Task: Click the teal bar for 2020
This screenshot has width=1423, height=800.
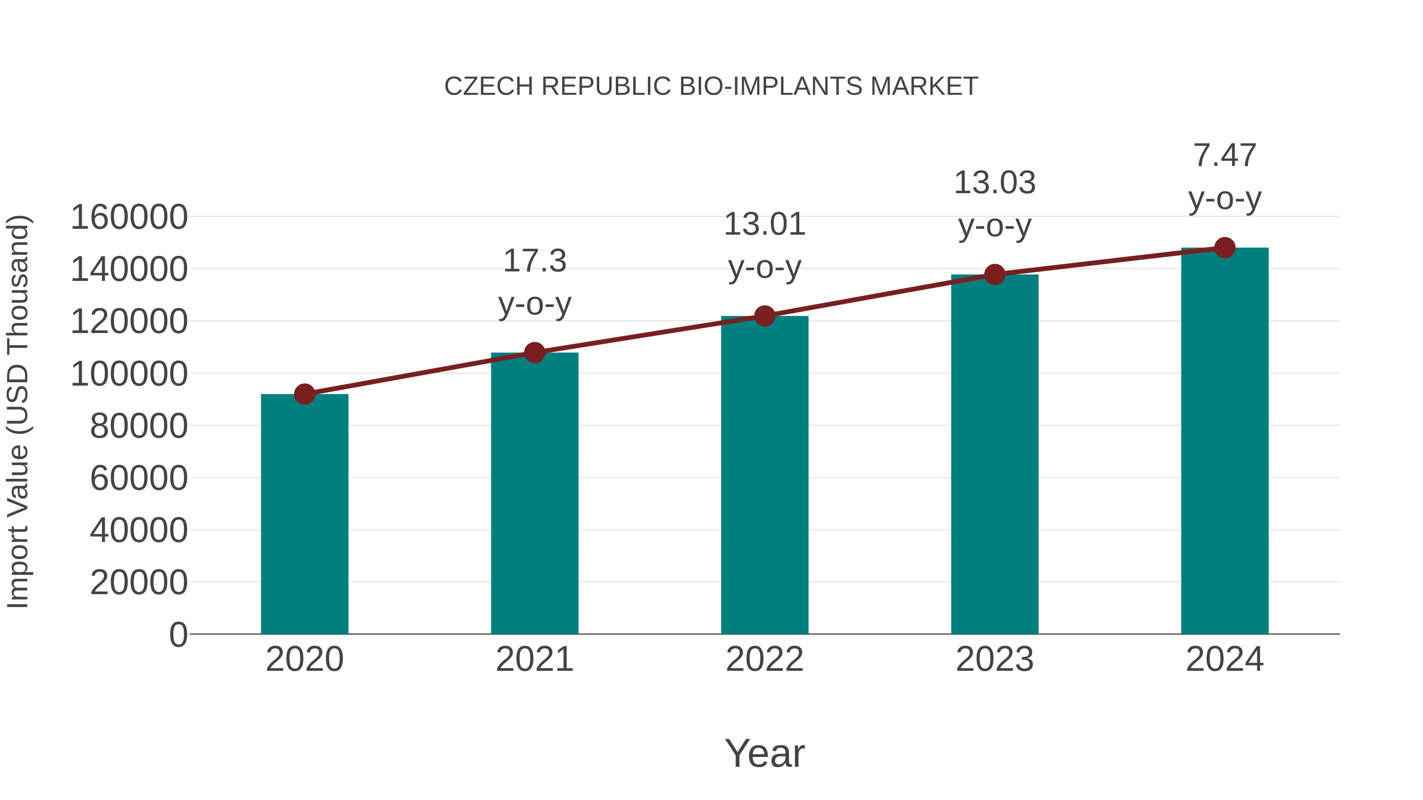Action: click(304, 514)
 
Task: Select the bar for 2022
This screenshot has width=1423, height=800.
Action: click(764, 475)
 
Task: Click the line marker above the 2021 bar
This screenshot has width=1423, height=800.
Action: click(534, 352)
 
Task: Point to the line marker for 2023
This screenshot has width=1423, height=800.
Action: click(995, 275)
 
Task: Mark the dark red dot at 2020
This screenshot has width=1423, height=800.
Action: click(304, 394)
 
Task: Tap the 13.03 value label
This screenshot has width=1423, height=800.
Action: click(995, 183)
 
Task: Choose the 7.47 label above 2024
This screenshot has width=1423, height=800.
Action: click(1225, 155)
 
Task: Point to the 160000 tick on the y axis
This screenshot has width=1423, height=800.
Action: click(129, 217)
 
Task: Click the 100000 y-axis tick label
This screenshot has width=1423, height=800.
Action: click(129, 374)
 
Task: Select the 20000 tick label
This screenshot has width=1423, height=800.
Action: click(139, 582)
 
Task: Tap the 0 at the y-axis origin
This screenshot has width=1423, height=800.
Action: click(178, 634)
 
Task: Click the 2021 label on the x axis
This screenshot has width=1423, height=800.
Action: click(534, 659)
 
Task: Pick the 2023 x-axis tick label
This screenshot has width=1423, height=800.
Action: click(995, 659)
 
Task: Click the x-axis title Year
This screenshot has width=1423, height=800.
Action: click(764, 753)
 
